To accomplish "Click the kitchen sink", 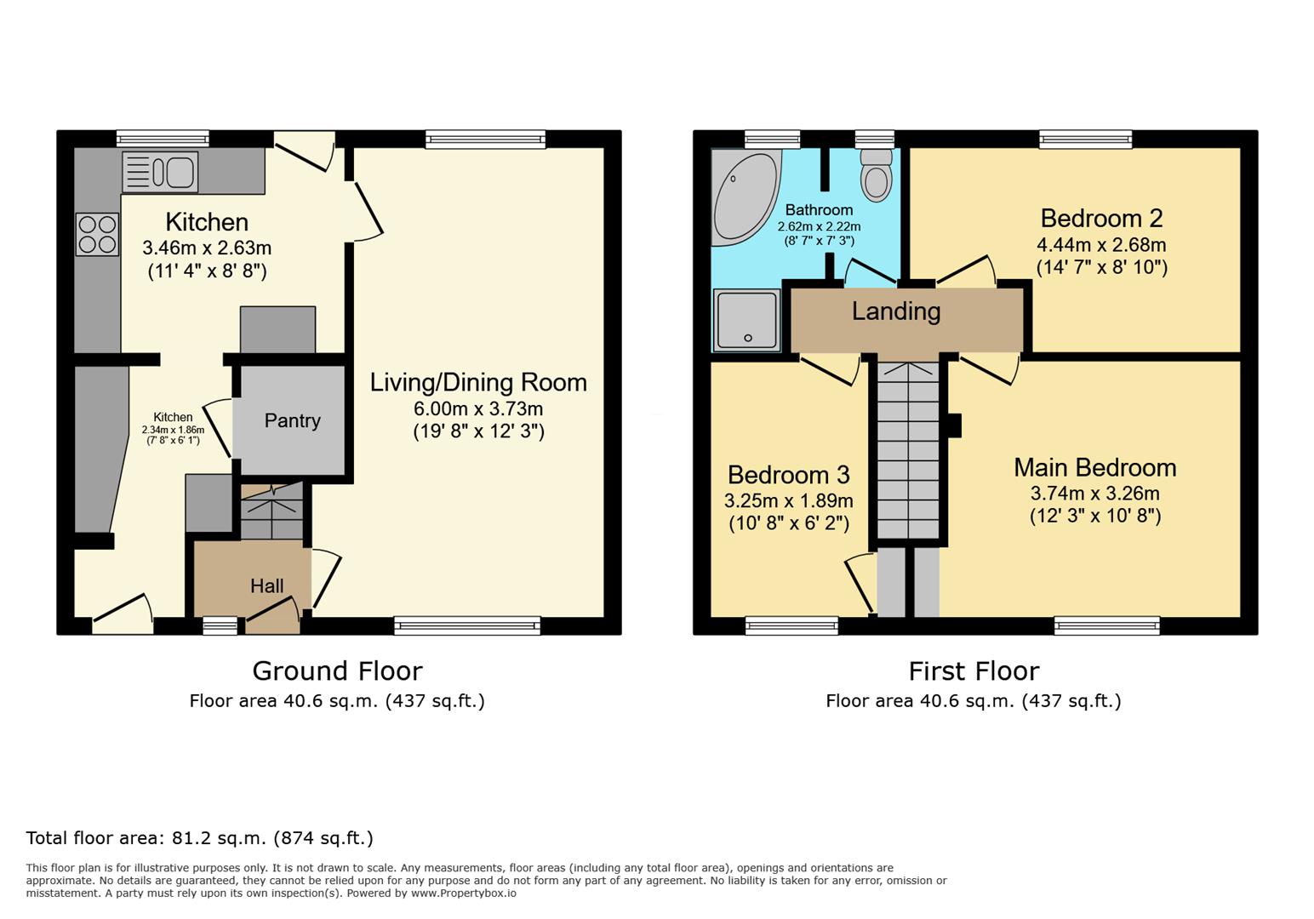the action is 160,172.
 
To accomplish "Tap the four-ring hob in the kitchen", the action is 97,235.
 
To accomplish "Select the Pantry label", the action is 292,420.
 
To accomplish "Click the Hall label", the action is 267,585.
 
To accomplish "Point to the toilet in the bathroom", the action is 876,174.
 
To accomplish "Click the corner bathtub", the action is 745,197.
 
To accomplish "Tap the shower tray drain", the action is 748,338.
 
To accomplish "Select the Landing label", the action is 896,311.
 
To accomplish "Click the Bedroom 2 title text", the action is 1101,218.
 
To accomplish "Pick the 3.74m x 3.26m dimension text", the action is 1095,494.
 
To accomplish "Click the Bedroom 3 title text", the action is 788,475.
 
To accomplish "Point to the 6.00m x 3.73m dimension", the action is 478,408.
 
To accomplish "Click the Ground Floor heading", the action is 337,671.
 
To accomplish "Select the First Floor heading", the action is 974,671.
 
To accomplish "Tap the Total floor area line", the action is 199,838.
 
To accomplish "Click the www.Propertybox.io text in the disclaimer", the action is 464,893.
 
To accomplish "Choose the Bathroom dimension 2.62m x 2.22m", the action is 819,226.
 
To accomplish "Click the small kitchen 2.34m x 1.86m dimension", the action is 173,430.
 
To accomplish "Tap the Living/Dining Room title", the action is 478,382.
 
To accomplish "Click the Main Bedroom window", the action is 1107,625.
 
